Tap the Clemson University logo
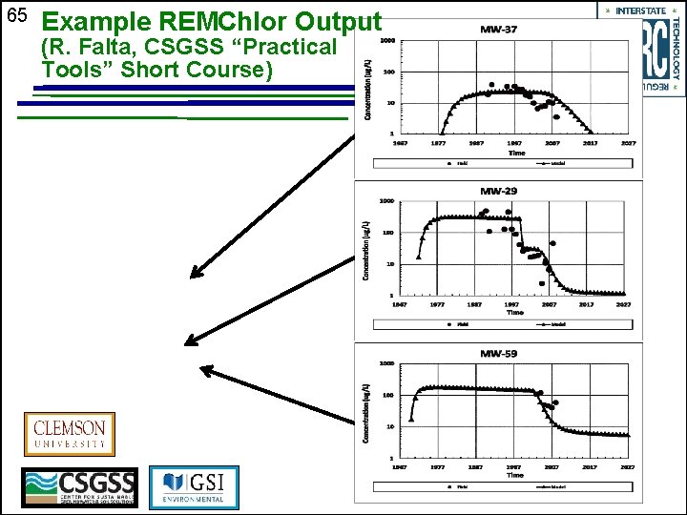click(x=70, y=435)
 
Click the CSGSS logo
click(x=80, y=488)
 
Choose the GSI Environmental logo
click(x=195, y=487)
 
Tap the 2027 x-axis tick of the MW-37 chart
click(x=627, y=143)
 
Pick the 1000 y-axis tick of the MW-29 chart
click(x=386, y=201)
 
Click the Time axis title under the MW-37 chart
click(x=516, y=153)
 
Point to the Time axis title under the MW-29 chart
click(x=515, y=312)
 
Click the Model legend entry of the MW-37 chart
click(x=552, y=163)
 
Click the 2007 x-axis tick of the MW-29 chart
click(x=551, y=304)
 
